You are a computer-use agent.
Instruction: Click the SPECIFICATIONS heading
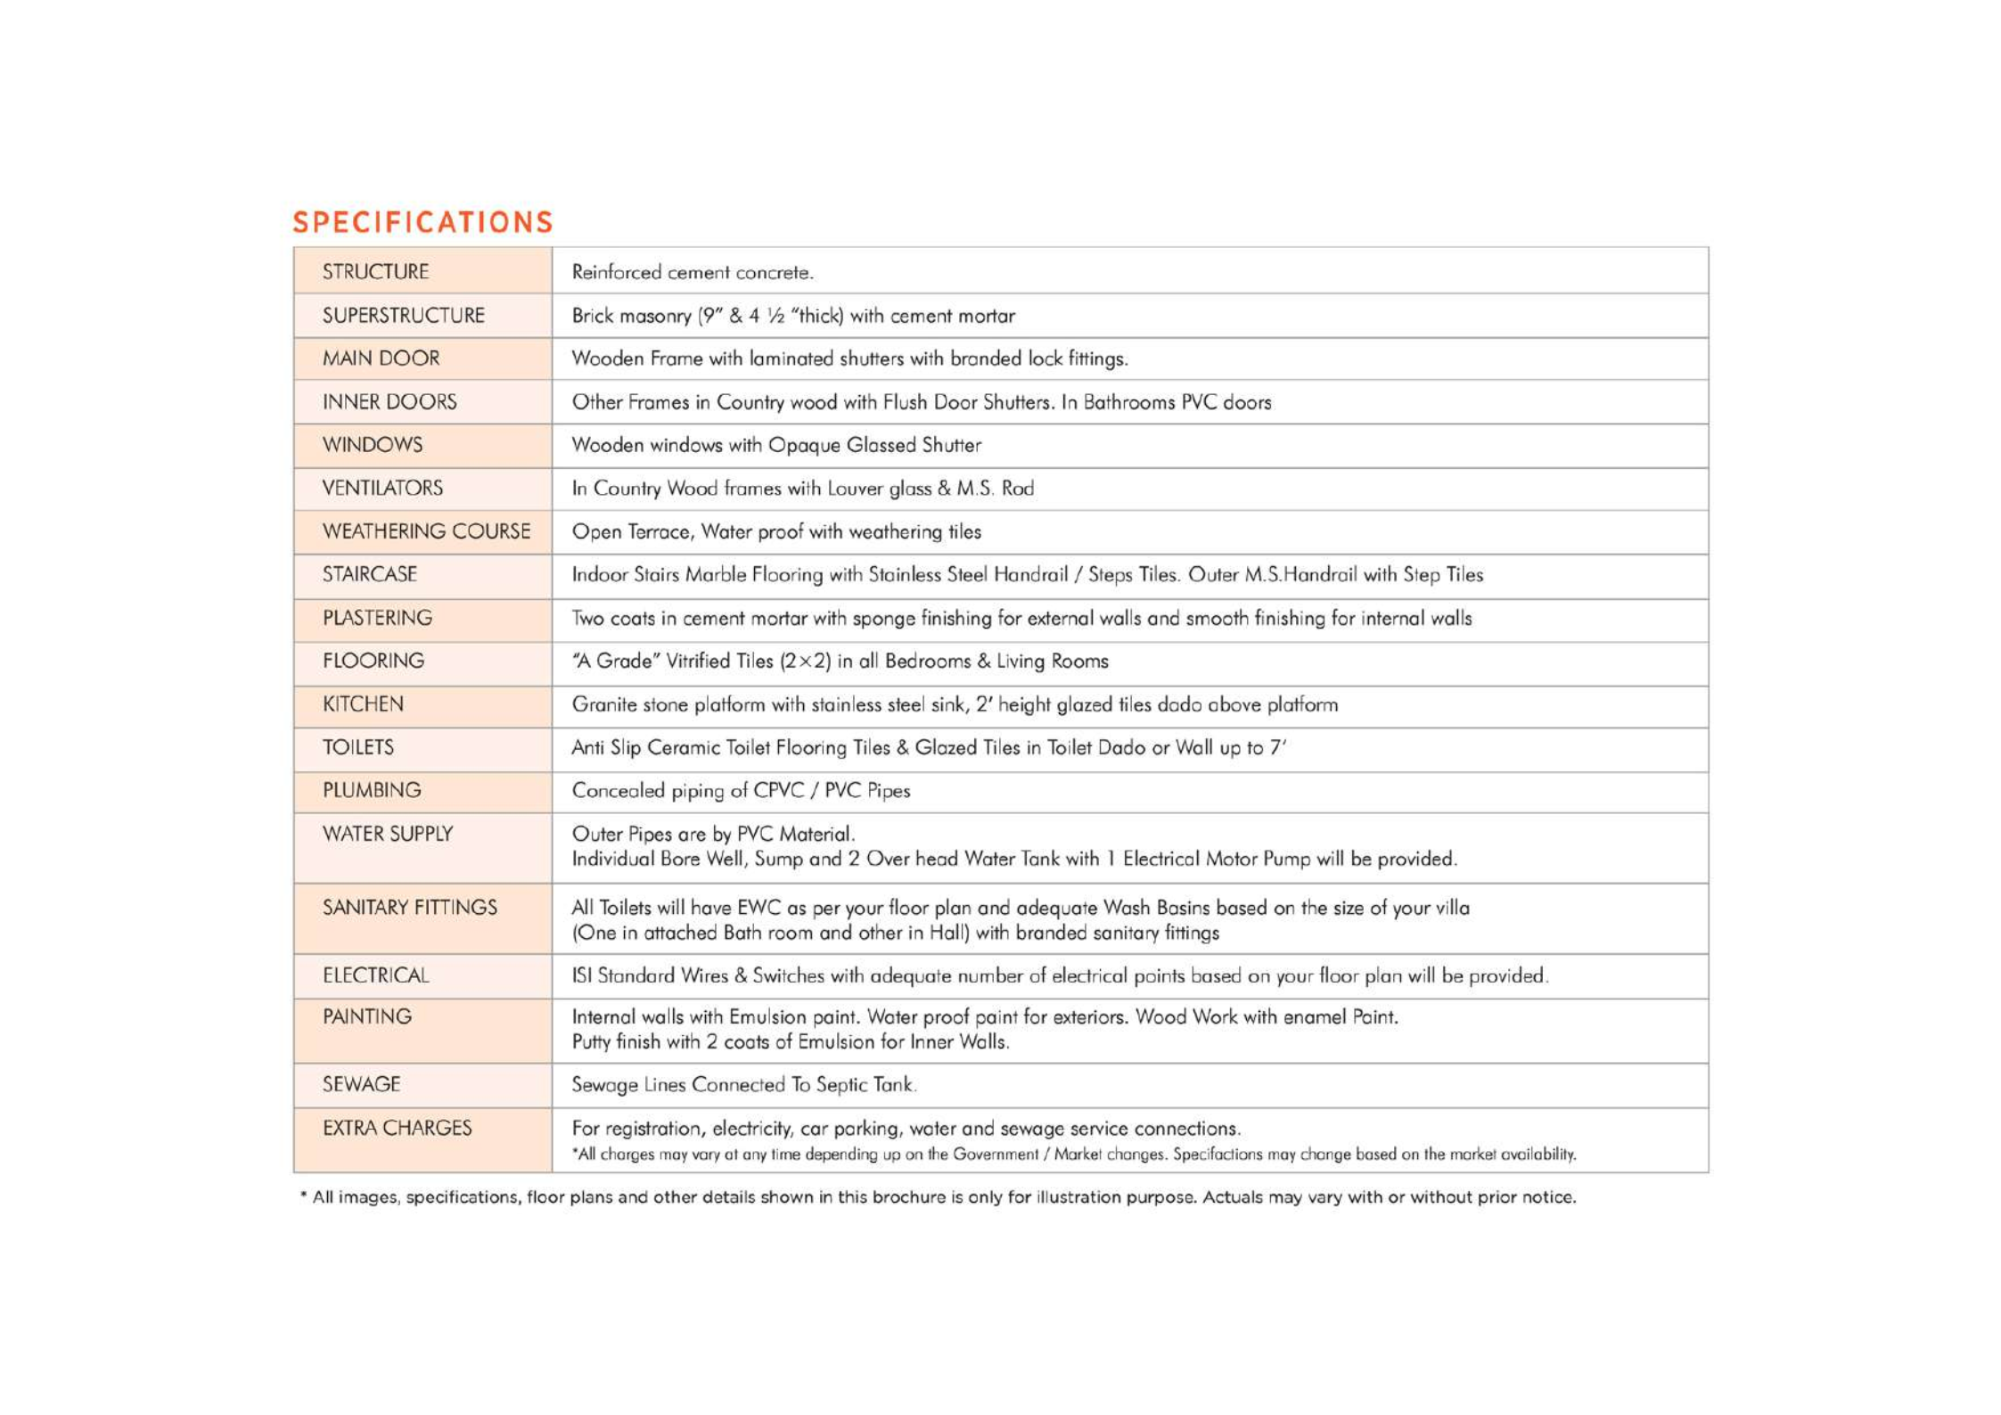pyautogui.click(x=422, y=222)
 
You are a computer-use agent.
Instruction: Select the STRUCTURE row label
pyautogui.click(x=375, y=272)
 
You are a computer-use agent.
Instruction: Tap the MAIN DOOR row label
pyautogui.click(x=381, y=358)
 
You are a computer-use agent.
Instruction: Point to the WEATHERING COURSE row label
pyautogui.click(x=426, y=531)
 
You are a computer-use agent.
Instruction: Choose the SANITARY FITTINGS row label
pyautogui.click(x=409, y=908)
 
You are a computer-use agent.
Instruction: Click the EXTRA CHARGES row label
pyautogui.click(x=397, y=1128)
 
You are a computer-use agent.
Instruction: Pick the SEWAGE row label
pyautogui.click(x=361, y=1084)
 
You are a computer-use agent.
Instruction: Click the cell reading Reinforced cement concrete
pyautogui.click(x=693, y=273)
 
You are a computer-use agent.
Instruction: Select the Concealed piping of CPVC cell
pyautogui.click(x=741, y=791)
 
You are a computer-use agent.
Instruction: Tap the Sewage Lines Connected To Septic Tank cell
pyautogui.click(x=743, y=1085)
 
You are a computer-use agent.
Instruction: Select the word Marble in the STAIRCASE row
pyautogui.click(x=716, y=575)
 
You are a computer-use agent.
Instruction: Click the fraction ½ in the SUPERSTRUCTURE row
pyautogui.click(x=775, y=317)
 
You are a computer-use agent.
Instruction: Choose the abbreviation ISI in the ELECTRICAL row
pyautogui.click(x=581, y=976)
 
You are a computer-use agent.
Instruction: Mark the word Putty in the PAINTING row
pyautogui.click(x=591, y=1042)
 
